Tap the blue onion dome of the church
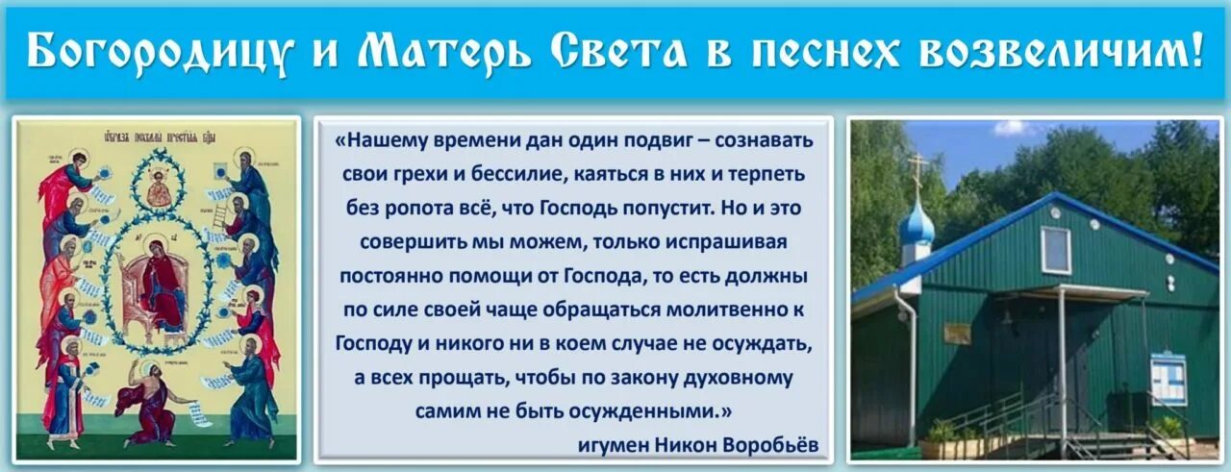[916, 226]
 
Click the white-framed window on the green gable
[1055, 250]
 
